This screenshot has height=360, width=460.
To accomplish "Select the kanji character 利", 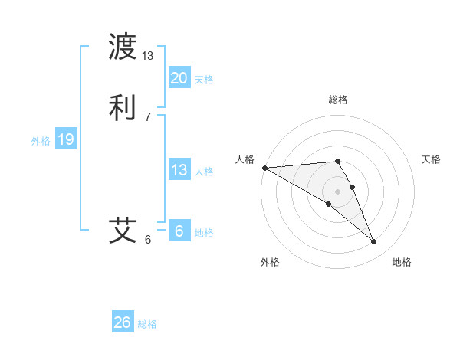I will [123, 106].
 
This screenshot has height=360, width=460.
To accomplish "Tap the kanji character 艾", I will [123, 230].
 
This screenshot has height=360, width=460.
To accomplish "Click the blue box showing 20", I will [179, 78].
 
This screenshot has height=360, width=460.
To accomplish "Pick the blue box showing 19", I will [66, 139].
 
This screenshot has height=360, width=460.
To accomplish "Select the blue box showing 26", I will [123, 322].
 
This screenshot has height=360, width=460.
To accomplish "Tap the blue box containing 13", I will [179, 171].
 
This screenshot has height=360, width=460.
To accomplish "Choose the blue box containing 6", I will [179, 231].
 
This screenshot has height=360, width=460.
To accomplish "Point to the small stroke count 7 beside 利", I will [148, 116].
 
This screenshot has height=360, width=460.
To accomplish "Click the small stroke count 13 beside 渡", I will [148, 55].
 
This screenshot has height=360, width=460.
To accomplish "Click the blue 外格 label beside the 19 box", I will [41, 141].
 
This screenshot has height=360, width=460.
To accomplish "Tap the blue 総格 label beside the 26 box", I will [147, 324].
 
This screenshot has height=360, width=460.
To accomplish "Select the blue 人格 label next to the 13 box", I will [205, 172].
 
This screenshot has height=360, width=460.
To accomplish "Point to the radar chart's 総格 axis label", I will [338, 100].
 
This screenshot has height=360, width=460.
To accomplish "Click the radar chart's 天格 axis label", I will [431, 159].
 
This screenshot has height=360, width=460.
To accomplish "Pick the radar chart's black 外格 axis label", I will [270, 262].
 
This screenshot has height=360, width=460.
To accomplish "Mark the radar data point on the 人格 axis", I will [264, 168].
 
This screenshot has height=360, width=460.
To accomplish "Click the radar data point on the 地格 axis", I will [374, 242].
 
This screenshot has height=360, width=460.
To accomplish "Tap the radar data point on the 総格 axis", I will [337, 161].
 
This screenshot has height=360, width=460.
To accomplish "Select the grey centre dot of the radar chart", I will [337, 191].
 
